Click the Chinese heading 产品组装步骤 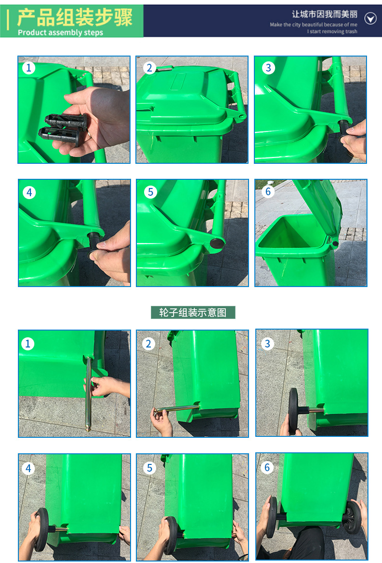(75, 17)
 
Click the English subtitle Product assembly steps (60, 33)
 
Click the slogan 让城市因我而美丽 (324, 14)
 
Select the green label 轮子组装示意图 (193, 312)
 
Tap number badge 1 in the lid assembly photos (29, 68)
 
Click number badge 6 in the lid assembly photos (268, 191)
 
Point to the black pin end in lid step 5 (217, 243)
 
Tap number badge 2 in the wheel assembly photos (148, 344)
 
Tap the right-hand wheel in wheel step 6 (352, 517)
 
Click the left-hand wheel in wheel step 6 (272, 517)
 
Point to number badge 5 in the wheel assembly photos (149, 468)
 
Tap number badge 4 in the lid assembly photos (29, 192)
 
